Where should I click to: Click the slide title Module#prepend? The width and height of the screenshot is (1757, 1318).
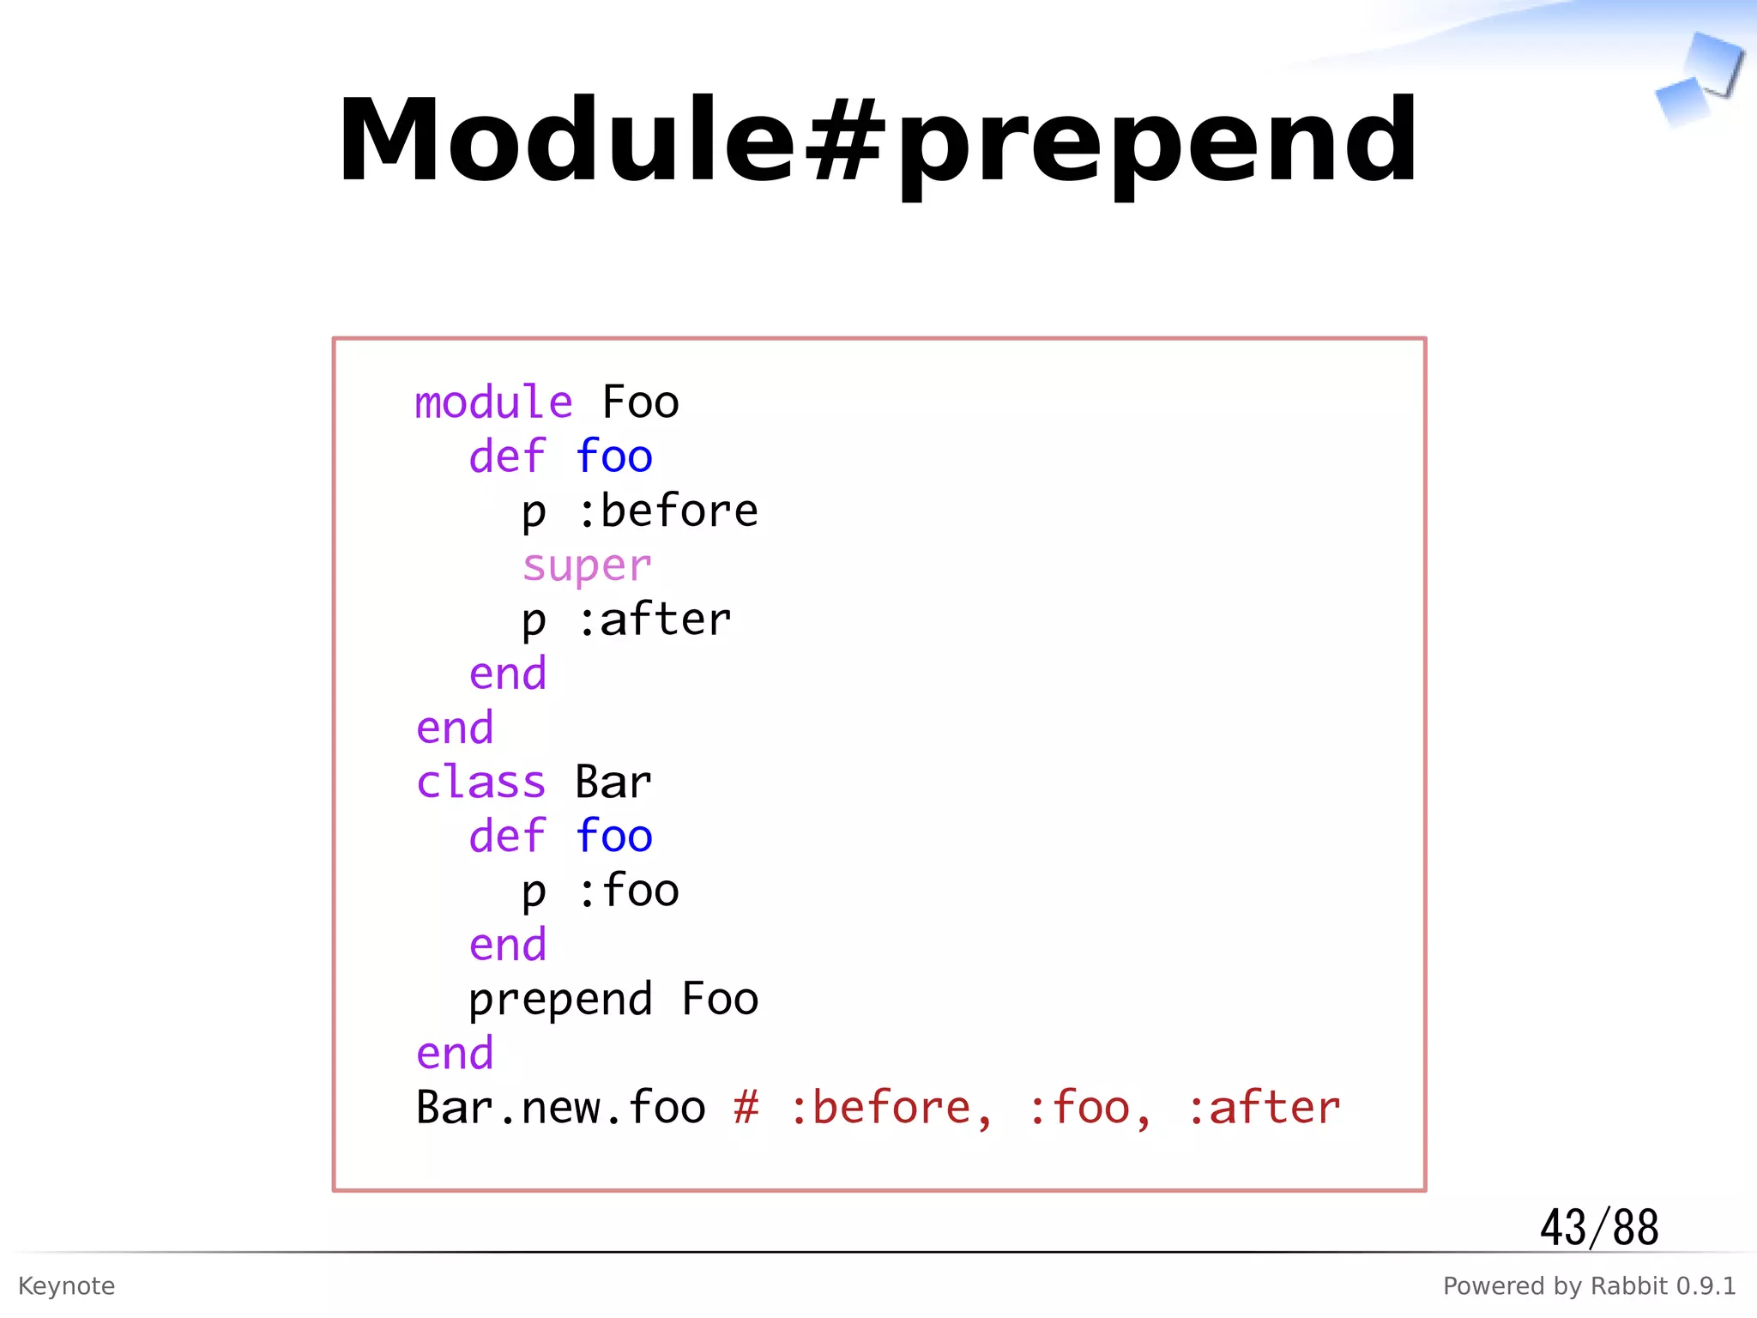tap(877, 142)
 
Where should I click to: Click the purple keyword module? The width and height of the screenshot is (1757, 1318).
tap(493, 402)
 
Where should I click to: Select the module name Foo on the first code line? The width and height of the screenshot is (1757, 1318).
tap(640, 402)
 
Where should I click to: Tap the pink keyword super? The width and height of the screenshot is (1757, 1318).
tap(587, 565)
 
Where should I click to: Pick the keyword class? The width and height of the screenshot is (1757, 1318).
tap(480, 783)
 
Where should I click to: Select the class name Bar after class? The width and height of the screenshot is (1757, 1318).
tap(613, 783)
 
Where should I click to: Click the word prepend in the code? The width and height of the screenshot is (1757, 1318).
tap(560, 1000)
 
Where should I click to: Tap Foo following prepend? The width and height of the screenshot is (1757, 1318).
tap(720, 1000)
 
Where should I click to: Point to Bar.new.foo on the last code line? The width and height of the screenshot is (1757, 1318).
tap(560, 1108)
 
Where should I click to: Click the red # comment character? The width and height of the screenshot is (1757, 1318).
tap(746, 1108)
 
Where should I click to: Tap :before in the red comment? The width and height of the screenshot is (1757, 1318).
tap(891, 1108)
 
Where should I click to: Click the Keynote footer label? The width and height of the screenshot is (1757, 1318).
tap(66, 1285)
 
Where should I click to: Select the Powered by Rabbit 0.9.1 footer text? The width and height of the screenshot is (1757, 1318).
tap(1589, 1285)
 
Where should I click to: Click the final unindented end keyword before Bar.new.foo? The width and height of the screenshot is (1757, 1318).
tap(455, 1054)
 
